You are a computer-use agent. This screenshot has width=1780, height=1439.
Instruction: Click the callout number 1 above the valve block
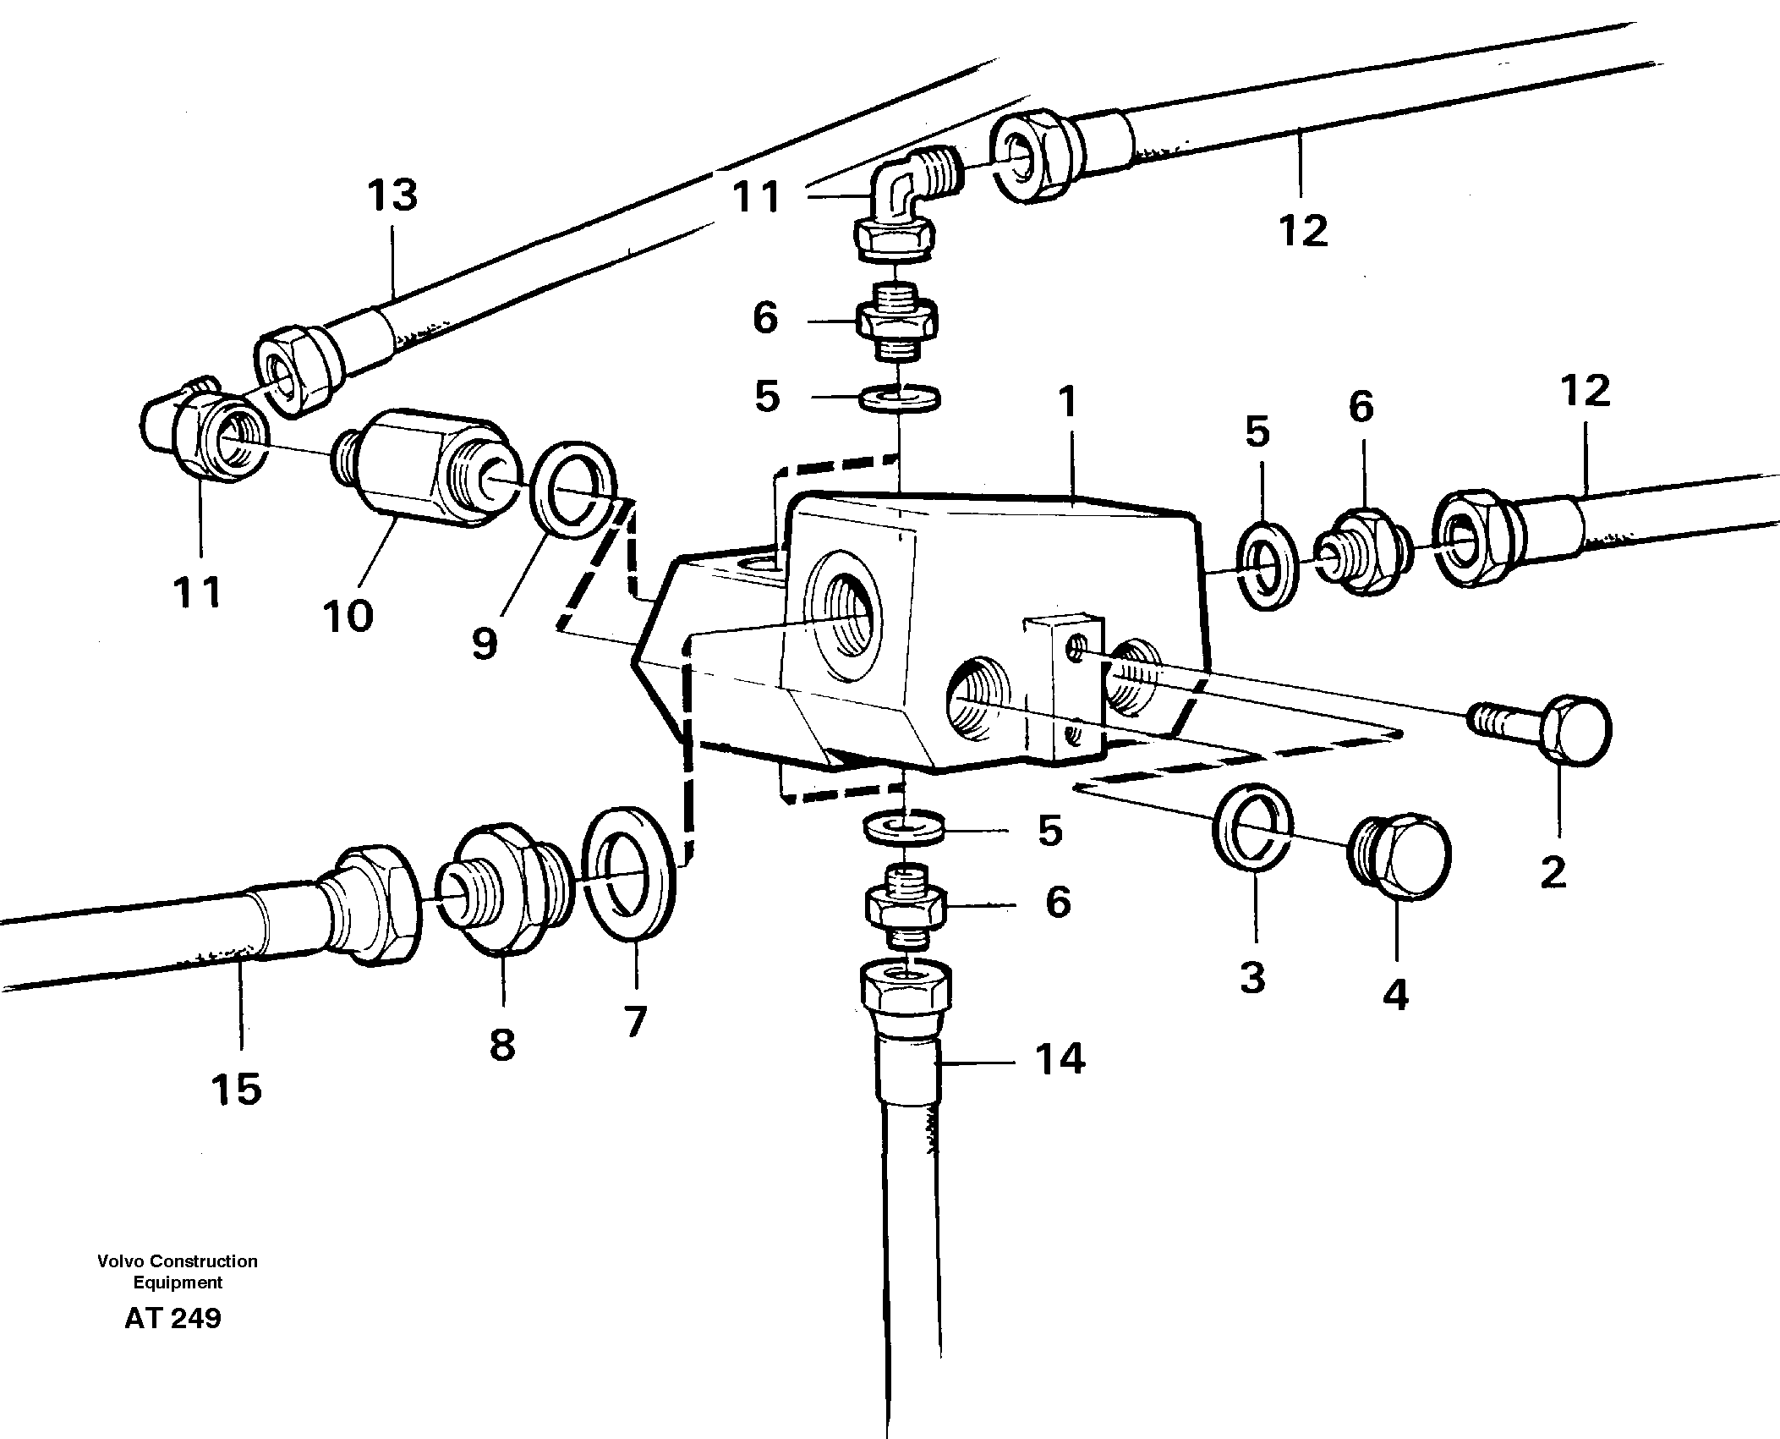click(1069, 403)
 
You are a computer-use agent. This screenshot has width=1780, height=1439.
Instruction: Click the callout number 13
click(392, 195)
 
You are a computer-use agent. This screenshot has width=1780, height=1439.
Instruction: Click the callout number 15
click(237, 1090)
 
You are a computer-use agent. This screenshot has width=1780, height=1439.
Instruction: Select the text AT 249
click(173, 1318)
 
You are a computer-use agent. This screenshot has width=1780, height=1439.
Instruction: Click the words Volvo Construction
click(178, 1261)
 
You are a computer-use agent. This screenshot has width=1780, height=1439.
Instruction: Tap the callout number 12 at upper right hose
click(1303, 230)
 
